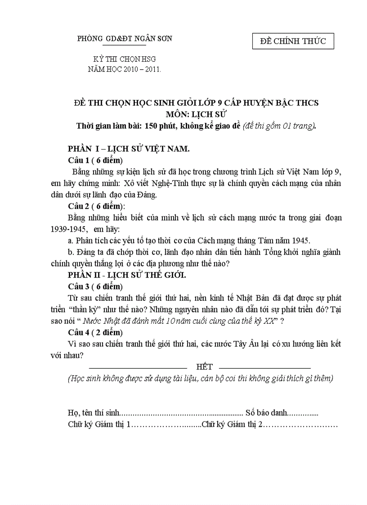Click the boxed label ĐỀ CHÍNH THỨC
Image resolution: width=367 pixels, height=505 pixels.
tap(293, 41)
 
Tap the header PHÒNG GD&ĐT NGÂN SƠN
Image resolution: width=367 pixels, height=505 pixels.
tap(125, 39)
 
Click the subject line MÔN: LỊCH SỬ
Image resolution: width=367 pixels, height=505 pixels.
tap(196, 114)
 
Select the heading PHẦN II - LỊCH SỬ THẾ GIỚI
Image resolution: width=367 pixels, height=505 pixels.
tap(127, 275)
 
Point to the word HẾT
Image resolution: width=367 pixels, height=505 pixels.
tap(204, 367)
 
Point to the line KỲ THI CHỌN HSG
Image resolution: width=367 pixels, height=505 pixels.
tap(124, 59)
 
